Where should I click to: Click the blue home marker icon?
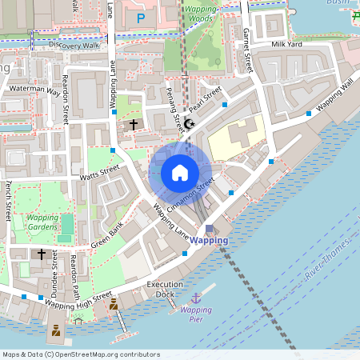coord(180,173)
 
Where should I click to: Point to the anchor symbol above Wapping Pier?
coord(195,298)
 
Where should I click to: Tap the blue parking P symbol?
coord(142,18)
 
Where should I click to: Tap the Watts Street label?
coord(99,172)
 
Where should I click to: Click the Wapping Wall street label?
coord(334,95)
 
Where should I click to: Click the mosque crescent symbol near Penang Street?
coord(189,124)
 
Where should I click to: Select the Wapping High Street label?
coord(78,301)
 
